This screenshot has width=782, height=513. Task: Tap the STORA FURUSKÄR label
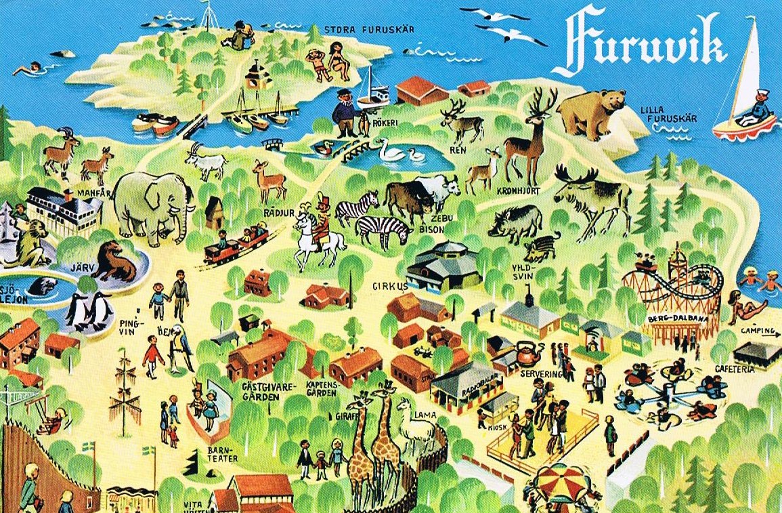(369, 30)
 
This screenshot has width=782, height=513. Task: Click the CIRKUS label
(390, 286)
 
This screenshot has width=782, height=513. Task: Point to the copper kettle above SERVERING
(528, 352)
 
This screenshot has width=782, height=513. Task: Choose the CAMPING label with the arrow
(757, 331)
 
